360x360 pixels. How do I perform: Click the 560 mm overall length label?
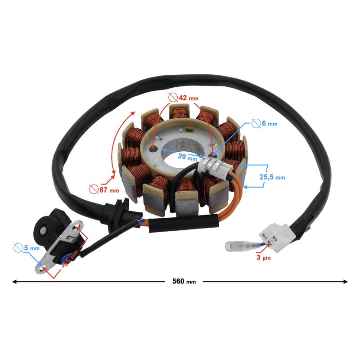184,281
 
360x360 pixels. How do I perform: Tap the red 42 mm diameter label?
189,98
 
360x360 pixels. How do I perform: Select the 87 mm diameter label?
109,190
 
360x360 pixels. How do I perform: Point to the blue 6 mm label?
270,123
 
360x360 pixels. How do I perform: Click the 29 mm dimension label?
187,157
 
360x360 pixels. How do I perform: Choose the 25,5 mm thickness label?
272,177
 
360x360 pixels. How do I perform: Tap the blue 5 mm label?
31,248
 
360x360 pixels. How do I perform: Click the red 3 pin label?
263,257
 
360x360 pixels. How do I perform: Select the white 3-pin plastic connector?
277,238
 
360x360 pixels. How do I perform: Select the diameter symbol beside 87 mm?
94,189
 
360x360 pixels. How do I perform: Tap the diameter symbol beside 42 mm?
173,98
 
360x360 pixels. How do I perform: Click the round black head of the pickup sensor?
43,230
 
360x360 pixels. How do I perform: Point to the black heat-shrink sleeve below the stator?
183,223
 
